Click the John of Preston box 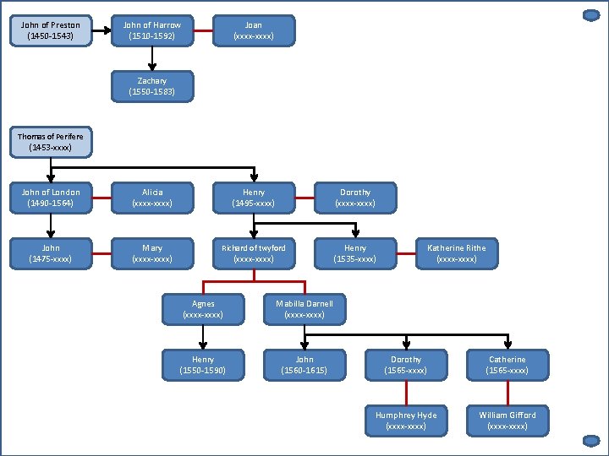click(51, 30)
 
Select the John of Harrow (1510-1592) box click(152, 30)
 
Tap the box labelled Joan click(254, 30)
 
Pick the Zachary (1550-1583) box click(152, 86)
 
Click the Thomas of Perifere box click(51, 142)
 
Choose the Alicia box click(152, 198)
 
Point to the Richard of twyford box click(254, 253)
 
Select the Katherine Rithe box click(457, 253)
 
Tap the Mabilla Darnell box click(304, 309)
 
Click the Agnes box click(203, 309)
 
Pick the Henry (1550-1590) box click(203, 365)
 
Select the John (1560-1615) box click(304, 365)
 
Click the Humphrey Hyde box click(406, 421)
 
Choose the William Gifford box click(507, 421)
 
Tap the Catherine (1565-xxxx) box click(507, 365)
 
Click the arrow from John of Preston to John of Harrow click(101, 30)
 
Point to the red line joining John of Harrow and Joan click(203, 30)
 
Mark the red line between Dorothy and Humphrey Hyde click(406, 393)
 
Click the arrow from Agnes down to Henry click(203, 337)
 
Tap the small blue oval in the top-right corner click(591, 15)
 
